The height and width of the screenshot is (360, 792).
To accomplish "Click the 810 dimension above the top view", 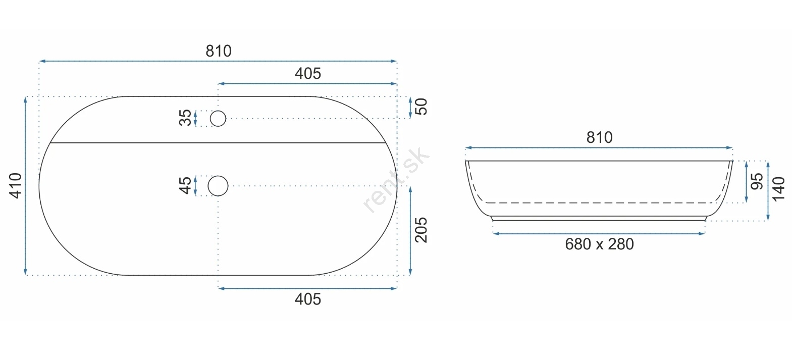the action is [x=219, y=52].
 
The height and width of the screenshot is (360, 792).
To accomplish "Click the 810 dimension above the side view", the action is [x=599, y=137].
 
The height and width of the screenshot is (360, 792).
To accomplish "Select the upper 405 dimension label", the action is [x=308, y=74].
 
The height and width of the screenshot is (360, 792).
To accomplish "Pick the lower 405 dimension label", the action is [x=308, y=299].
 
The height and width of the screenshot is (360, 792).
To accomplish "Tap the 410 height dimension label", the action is [x=16, y=186].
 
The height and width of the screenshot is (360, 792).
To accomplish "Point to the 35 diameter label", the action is [x=185, y=118].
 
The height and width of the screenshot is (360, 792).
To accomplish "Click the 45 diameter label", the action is [x=185, y=186].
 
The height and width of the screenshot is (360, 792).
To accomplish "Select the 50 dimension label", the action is [x=421, y=107].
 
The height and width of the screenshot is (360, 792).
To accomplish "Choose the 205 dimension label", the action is [x=421, y=230].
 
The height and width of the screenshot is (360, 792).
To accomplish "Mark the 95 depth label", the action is [x=757, y=181].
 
